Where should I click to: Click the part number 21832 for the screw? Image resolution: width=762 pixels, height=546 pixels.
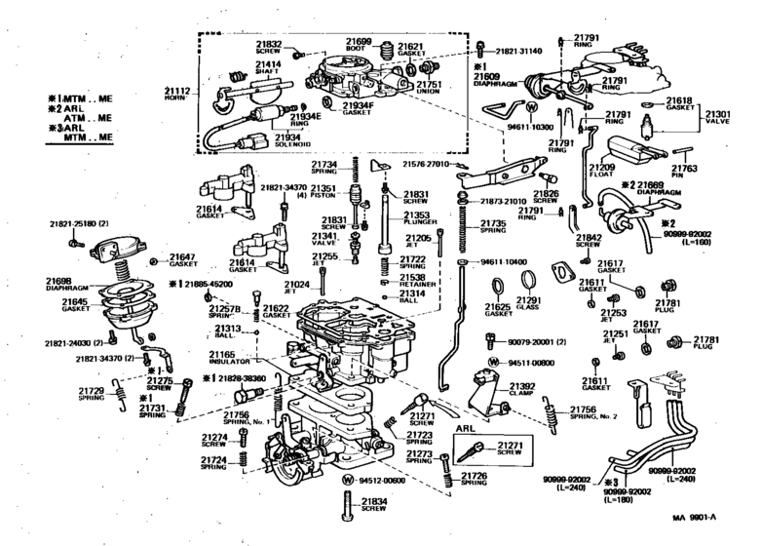pos(269,45)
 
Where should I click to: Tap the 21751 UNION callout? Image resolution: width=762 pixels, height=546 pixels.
pos(430,89)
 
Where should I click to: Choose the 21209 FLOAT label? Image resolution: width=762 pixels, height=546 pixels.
pos(600,175)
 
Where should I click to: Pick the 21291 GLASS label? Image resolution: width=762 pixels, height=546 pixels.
pos(528,304)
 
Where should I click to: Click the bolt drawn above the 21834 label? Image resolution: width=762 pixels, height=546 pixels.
pos(347,503)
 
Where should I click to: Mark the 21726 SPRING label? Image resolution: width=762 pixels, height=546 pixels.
pos(474,478)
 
